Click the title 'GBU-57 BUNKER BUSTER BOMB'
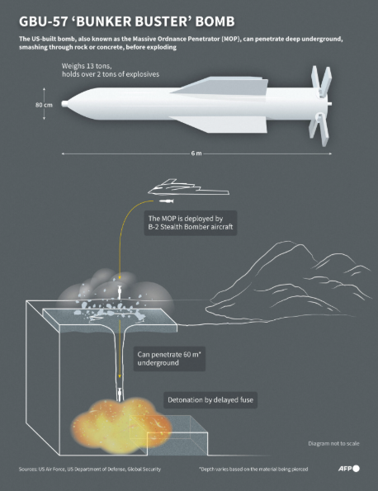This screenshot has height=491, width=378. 126,21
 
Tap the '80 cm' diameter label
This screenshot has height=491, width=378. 44,105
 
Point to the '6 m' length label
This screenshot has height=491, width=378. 196,153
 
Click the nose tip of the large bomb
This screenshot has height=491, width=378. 62,103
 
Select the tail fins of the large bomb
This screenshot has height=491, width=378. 320,106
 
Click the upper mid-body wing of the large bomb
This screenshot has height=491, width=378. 220,85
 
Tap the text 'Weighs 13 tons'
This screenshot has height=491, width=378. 87,66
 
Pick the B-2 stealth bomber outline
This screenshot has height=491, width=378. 188,187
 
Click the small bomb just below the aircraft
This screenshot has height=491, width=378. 166,201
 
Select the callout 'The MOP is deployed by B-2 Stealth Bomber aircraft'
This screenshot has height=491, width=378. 191,223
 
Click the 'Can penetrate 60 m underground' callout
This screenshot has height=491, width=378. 169,358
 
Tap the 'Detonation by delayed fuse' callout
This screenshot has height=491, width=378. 210,400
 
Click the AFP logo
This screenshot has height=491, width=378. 348,469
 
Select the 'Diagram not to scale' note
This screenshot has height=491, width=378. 333,443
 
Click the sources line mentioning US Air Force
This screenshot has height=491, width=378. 90,469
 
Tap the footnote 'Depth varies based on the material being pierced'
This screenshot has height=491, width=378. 253,469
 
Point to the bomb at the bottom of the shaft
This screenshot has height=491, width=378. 120,394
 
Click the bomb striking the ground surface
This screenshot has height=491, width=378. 119,292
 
